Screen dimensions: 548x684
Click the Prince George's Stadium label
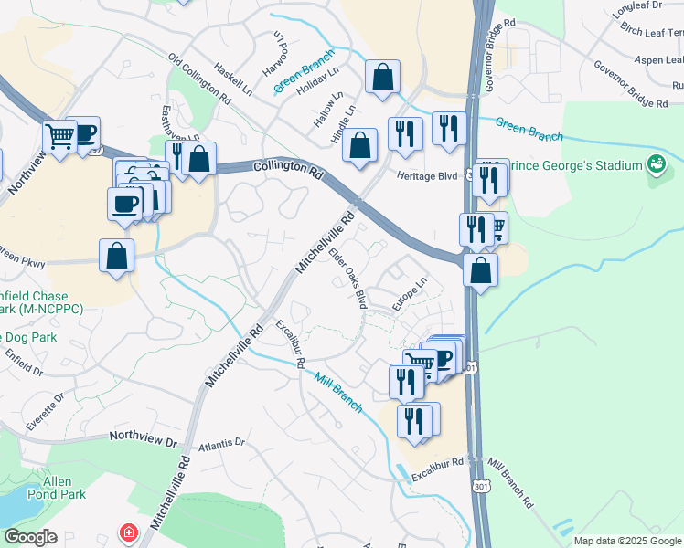(573, 166)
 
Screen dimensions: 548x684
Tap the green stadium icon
(656, 165)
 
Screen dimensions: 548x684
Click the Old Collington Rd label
(199, 75)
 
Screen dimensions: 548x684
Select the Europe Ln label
(411, 297)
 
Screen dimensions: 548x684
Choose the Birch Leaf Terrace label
(651, 31)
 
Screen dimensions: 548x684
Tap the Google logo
(31, 538)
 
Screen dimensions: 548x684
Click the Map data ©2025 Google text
(627, 541)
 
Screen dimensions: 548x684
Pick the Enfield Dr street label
(22, 362)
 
